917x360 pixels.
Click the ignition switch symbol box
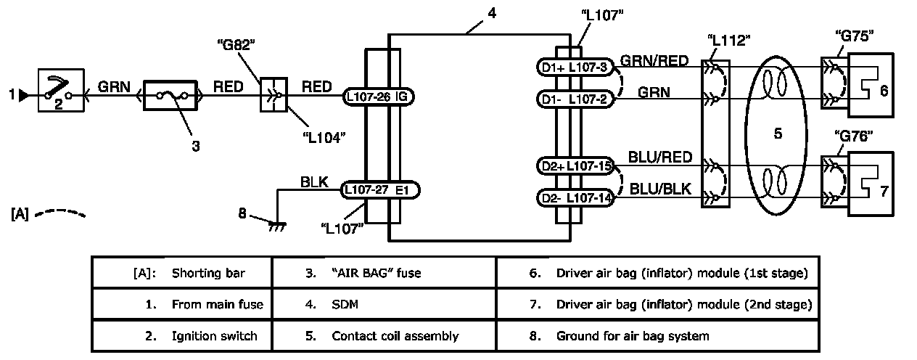pos(61,90)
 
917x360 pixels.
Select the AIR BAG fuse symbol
pos(170,96)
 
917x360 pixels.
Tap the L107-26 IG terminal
pos(378,97)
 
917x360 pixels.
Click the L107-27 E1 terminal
pos(380,190)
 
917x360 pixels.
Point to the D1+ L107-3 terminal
pos(575,67)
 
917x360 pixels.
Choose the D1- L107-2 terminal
pos(575,99)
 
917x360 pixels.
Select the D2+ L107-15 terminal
pos(575,166)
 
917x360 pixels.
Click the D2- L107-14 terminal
pos(575,198)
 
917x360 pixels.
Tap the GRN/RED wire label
pos(654,61)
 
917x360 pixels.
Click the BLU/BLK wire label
pos(660,189)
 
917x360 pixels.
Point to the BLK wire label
pos(314,182)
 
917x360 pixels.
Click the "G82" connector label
pos(236,45)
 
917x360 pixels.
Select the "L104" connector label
pos(324,138)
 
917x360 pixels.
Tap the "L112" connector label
pos(728,40)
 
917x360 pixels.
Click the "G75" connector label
pos(854,36)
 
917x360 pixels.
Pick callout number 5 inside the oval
pos(778,134)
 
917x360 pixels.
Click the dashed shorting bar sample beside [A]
pos(59,213)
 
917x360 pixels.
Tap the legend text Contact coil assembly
pos(395,336)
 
